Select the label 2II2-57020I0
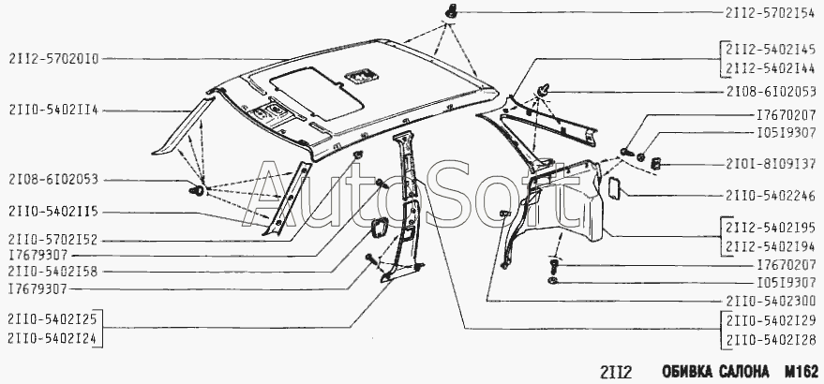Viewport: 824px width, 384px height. pyautogui.click(x=53, y=59)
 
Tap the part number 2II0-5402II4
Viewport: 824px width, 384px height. pyautogui.click(x=53, y=111)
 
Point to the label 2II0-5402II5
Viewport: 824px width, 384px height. pyautogui.click(x=53, y=212)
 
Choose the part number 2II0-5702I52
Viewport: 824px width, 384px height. pyautogui.click(x=53, y=240)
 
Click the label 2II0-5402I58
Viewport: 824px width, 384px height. pyautogui.click(x=53, y=272)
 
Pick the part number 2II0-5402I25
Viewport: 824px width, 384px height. pyautogui.click(x=52, y=318)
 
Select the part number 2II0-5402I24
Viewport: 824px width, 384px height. pyautogui.click(x=52, y=338)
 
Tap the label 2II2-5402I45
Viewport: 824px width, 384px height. pyautogui.click(x=771, y=49)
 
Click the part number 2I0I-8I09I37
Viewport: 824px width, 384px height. pyautogui.click(x=771, y=164)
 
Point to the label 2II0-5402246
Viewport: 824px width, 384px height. pyautogui.click(x=771, y=196)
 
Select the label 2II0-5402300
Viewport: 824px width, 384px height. pyautogui.click(x=771, y=301)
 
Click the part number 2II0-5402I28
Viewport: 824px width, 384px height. pyautogui.click(x=771, y=339)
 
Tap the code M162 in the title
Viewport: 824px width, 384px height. pyautogui.click(x=801, y=372)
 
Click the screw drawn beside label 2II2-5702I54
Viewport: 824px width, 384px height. pyautogui.click(x=452, y=10)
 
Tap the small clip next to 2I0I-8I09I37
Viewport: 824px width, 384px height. pyautogui.click(x=656, y=164)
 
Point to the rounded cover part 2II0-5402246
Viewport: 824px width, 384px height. pyautogui.click(x=614, y=188)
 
